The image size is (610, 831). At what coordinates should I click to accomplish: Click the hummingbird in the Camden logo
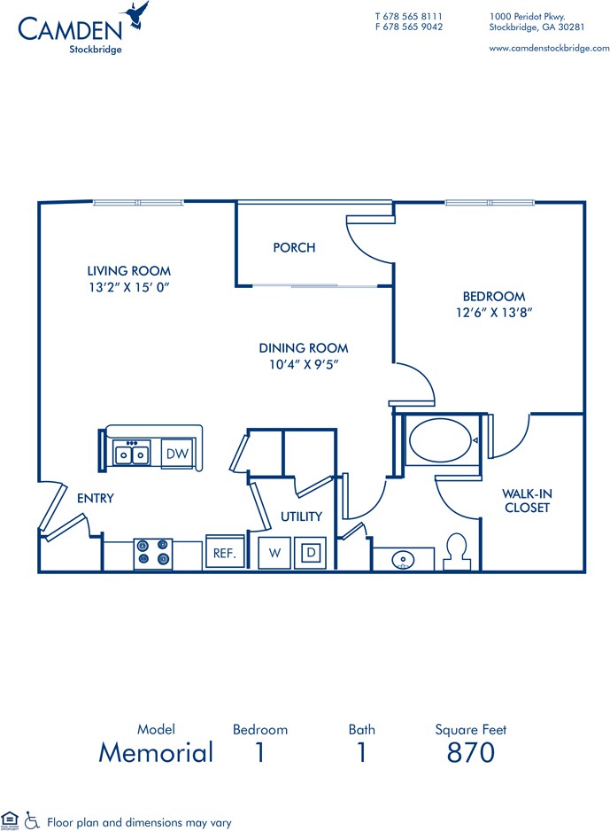coord(135,15)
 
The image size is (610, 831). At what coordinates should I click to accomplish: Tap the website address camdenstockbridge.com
coord(549,48)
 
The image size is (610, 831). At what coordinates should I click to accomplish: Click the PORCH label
coord(295,247)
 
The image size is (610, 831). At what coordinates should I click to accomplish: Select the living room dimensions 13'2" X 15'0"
coord(129,287)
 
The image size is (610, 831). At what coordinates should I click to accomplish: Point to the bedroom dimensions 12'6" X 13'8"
coord(494,313)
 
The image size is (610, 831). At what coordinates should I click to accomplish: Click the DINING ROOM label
coord(304,348)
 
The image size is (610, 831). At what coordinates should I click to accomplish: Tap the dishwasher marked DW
coord(177,453)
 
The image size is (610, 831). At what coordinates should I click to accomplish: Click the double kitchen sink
coord(131,454)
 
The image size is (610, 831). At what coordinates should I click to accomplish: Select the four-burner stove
coord(153,554)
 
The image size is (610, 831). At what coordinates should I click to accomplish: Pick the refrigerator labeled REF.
coord(225,552)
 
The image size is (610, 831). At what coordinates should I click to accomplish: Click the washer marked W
coord(274,553)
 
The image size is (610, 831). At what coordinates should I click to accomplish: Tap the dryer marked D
coord(310,553)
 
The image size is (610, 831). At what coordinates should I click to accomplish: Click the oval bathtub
coord(440,440)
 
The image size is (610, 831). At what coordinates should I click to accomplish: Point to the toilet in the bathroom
coord(457,551)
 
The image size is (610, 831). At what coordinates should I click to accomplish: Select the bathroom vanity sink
coord(404,560)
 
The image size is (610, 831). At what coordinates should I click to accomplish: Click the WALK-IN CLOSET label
coord(528,501)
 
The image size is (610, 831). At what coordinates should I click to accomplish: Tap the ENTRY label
coord(96,498)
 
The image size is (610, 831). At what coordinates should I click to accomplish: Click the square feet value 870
coord(471,752)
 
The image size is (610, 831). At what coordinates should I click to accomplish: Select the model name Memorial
coord(156,752)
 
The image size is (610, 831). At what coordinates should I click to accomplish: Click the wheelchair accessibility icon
coord(32,820)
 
